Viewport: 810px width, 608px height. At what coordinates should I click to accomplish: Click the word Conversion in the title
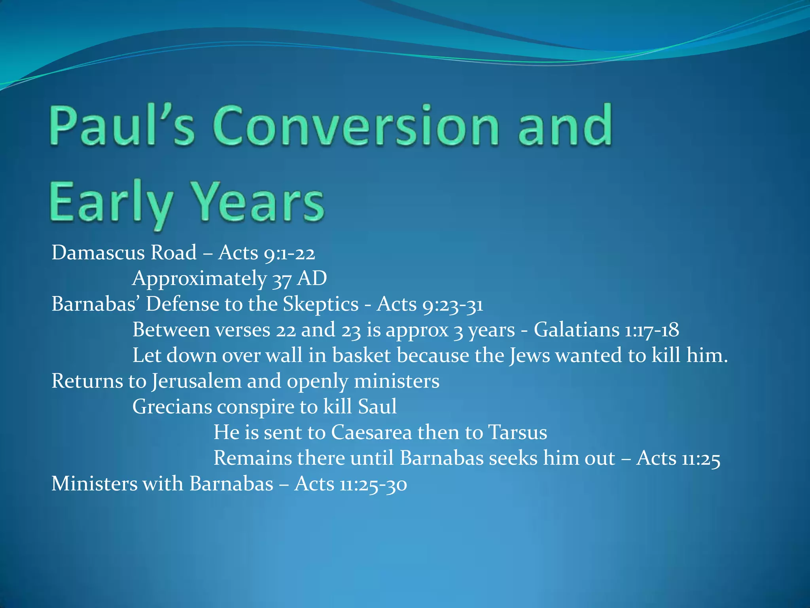click(358, 126)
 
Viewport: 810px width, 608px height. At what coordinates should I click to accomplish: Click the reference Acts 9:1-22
click(267, 253)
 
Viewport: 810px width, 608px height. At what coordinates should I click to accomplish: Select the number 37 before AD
click(282, 278)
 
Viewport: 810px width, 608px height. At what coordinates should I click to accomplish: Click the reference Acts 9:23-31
click(430, 304)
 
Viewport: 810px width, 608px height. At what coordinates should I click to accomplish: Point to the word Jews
click(529, 355)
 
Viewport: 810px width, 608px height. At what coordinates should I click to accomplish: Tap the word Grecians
click(172, 407)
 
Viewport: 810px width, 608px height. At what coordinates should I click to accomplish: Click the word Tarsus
click(517, 432)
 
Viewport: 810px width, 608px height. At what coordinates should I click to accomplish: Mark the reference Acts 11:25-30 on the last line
click(350, 484)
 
